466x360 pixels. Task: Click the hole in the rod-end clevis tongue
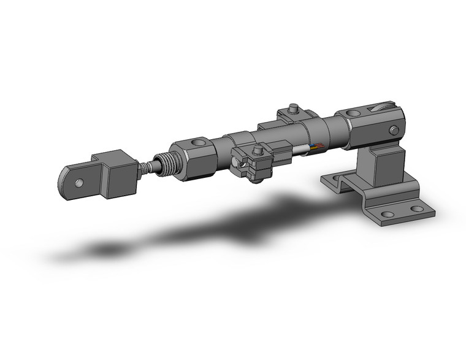click(78, 182)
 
